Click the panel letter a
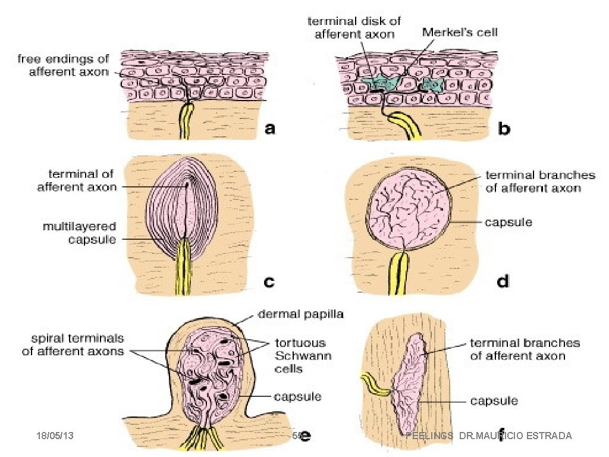pos(270,129)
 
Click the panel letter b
pos(504,129)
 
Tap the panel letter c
pos(269,281)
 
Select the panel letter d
pos(503,281)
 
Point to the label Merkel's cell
pos(459,33)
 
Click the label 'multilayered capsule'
pos(79,233)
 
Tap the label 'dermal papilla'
pos(300,314)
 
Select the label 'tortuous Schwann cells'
pos(300,356)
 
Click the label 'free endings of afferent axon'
pos(63,65)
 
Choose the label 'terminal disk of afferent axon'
pos(354,27)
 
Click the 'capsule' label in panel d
pos(508,223)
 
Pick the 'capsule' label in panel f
pos(494,400)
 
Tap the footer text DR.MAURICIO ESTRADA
pos(515,436)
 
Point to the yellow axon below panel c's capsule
pos(181,268)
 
